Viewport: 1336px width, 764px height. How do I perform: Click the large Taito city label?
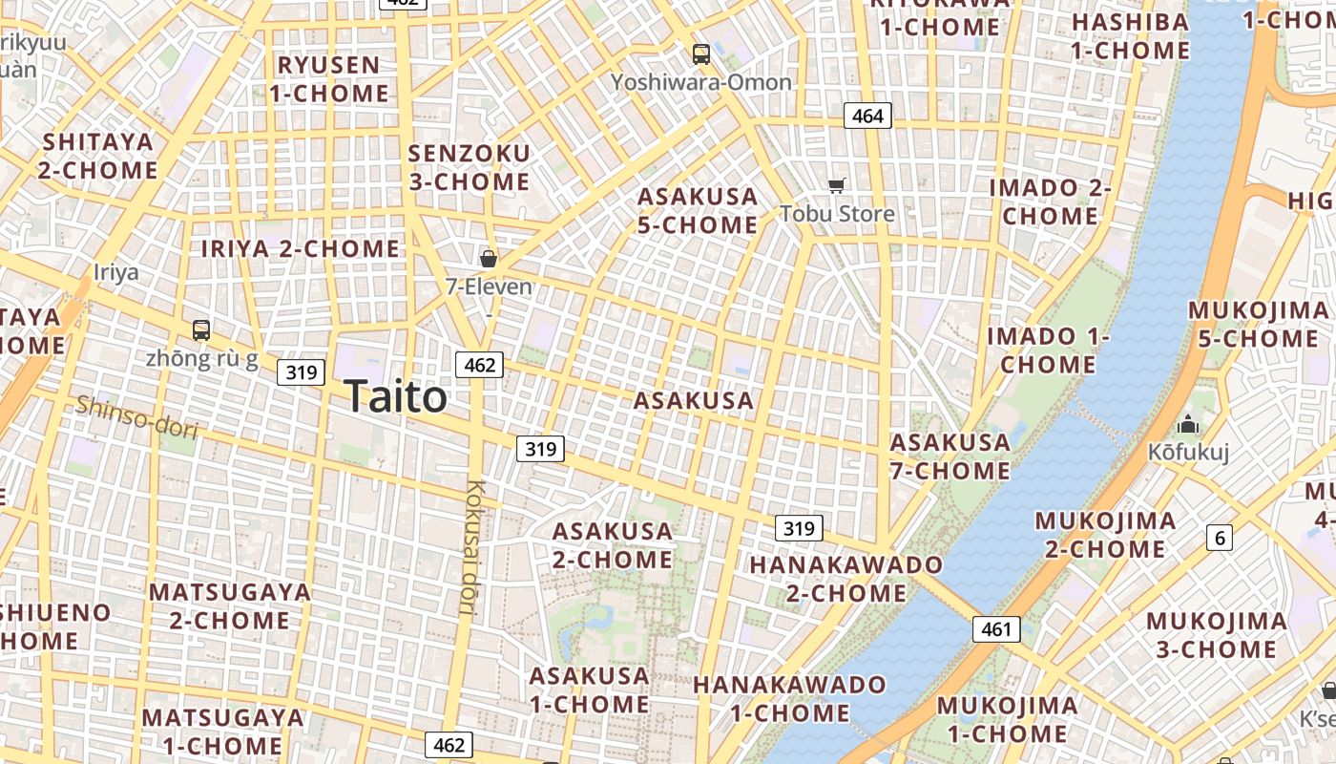click(x=395, y=396)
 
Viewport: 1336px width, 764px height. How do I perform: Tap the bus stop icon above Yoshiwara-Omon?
click(x=701, y=54)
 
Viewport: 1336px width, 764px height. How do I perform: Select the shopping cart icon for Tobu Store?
click(x=837, y=185)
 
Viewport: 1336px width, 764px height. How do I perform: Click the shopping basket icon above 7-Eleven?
click(x=489, y=259)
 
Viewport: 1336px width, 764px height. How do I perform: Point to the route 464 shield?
click(x=867, y=117)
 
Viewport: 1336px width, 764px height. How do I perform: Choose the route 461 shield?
click(x=996, y=629)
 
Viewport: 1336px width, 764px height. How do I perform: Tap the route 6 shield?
click(x=1220, y=538)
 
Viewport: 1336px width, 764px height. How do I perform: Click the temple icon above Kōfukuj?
click(x=1188, y=424)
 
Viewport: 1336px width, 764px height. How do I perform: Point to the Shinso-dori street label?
click(x=137, y=417)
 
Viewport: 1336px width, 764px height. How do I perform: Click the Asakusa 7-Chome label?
click(x=950, y=456)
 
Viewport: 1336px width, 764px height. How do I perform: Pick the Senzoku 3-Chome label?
click(x=469, y=167)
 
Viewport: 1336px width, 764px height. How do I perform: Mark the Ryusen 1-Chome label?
click(x=329, y=79)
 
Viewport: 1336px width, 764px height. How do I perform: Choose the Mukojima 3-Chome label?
click(x=1216, y=635)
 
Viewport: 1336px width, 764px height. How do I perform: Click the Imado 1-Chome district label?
click(x=1048, y=350)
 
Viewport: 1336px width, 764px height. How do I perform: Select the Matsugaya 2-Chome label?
click(x=230, y=605)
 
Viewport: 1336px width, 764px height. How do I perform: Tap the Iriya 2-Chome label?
click(x=301, y=249)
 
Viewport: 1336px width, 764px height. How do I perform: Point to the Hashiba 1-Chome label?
click(x=1131, y=36)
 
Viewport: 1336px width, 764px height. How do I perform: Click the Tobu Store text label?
click(x=837, y=213)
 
